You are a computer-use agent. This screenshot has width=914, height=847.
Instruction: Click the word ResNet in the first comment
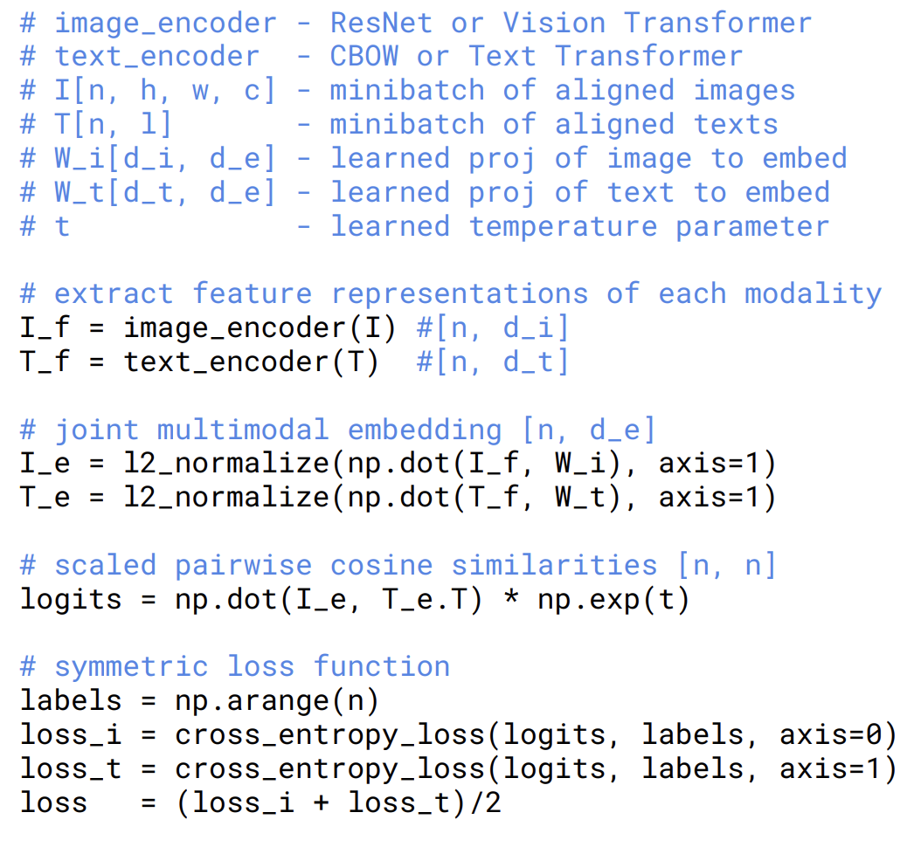coord(381,23)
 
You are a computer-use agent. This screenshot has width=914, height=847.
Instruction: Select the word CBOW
coord(364,57)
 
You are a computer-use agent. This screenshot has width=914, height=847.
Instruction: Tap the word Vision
coord(554,23)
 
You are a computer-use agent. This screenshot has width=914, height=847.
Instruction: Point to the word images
coord(744,90)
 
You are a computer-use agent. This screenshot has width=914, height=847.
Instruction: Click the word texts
coord(735,124)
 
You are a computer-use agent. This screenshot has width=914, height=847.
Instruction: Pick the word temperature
coord(562,226)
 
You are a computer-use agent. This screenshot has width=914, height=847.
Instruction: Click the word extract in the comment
coord(114,293)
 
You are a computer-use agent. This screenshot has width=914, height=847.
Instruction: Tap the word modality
coord(813,293)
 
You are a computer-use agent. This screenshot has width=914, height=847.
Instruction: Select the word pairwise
coord(242,565)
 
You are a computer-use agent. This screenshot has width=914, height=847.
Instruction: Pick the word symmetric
coord(131,666)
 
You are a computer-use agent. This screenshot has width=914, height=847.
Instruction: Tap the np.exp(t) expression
coord(613,600)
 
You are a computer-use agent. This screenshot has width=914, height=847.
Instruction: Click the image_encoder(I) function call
coord(260,328)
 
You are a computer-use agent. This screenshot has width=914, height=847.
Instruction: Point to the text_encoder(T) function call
coord(251,362)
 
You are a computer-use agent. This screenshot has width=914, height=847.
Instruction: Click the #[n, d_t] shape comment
coord(493,362)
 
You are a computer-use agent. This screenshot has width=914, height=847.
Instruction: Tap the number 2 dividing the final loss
coord(493,802)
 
